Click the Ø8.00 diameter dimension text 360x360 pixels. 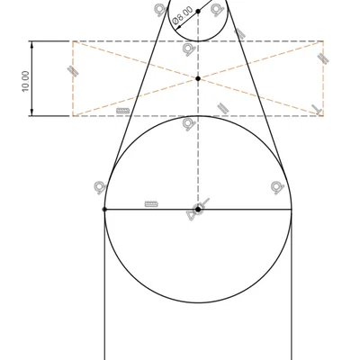point(183,15)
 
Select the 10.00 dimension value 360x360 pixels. point(25,81)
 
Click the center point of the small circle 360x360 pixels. point(198,12)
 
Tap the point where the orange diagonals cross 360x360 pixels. point(198,78)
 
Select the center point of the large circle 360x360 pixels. point(198,209)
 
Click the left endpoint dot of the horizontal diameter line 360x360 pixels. point(104,210)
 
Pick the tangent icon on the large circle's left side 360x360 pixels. point(101,187)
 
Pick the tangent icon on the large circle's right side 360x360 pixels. point(277,187)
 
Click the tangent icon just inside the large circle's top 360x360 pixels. point(190,124)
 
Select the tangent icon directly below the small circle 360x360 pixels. point(190,49)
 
